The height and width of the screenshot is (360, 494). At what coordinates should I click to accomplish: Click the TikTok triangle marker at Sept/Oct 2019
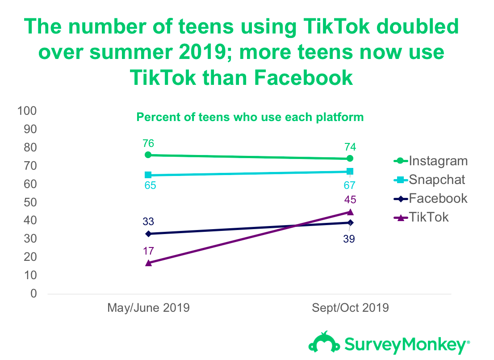coord(350,212)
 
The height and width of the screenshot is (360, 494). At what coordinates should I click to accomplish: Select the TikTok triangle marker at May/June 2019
coord(148,263)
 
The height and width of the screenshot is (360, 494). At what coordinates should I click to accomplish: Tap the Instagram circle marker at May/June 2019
coord(148,155)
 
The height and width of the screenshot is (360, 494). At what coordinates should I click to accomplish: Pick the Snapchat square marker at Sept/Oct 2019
coord(350,172)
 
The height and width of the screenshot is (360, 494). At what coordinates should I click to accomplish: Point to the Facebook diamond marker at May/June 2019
coord(148,234)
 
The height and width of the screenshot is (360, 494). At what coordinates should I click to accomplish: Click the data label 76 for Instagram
coord(148,144)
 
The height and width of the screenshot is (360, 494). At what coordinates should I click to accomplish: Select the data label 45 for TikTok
coord(350,200)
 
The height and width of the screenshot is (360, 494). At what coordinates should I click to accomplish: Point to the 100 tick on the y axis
coord(28,110)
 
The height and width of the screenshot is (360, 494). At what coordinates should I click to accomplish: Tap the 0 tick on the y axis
coord(34,293)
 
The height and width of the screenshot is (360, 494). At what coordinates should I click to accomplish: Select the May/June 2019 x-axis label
coord(148,308)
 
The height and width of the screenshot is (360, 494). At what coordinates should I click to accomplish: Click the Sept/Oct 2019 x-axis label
coord(350,308)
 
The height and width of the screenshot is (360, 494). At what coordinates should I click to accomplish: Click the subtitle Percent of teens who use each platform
coord(250,117)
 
